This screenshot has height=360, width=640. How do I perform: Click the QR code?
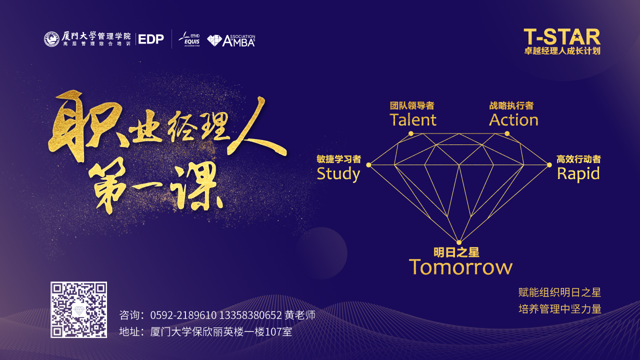coord(79,309)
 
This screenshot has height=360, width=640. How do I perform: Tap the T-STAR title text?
coord(562,37)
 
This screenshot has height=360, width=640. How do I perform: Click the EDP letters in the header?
coord(151,39)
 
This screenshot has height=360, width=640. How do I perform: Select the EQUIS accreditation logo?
coord(189,39)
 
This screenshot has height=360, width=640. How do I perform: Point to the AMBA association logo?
coord(231,40)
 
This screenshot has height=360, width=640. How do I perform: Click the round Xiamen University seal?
coord(51,39)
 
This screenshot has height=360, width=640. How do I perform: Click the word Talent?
coord(413,119)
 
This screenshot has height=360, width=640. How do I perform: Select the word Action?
coord(513,119)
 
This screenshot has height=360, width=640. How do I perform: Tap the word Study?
coord(338,174)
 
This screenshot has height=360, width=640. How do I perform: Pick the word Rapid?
coord(578,174)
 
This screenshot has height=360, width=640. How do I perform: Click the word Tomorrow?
coord(460,267)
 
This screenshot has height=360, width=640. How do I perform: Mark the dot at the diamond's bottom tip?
coord(459,242)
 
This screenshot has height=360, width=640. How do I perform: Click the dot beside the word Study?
coord(368,165)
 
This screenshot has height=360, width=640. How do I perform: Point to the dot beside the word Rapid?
coord(549,165)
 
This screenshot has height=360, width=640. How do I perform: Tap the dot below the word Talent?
coord(411,133)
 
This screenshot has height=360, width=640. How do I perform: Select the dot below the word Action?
coord(507,133)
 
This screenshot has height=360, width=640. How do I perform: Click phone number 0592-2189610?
coord(183,315)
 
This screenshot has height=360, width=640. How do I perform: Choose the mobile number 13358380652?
coord(250,315)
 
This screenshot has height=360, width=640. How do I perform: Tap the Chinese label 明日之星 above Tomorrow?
coord(456,252)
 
